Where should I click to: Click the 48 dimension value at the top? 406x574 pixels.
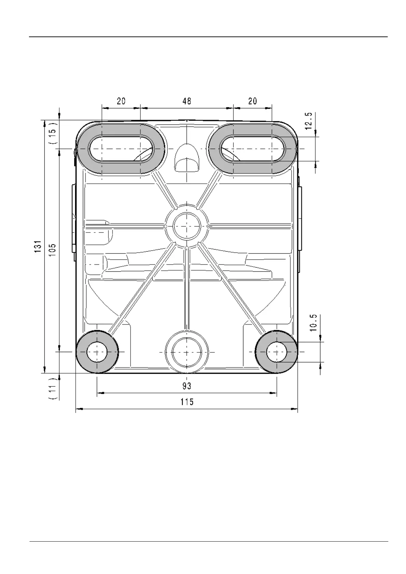[x=187, y=101]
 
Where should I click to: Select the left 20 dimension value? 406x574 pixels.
[x=121, y=101]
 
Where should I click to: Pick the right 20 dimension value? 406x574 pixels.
[x=253, y=101]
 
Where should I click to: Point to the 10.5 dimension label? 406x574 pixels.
[x=314, y=322]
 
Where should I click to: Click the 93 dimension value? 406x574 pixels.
[x=187, y=386]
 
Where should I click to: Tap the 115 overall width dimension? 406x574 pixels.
[x=187, y=402]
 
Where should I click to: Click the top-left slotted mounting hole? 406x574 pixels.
[x=121, y=149]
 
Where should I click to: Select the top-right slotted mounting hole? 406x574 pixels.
[x=253, y=149]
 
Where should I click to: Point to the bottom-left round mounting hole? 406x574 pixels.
[x=97, y=351]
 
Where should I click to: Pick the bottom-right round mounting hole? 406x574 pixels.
[x=276, y=351]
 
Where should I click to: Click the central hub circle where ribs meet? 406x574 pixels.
[x=187, y=226]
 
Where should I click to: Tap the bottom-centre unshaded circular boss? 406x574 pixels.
[x=187, y=351]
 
